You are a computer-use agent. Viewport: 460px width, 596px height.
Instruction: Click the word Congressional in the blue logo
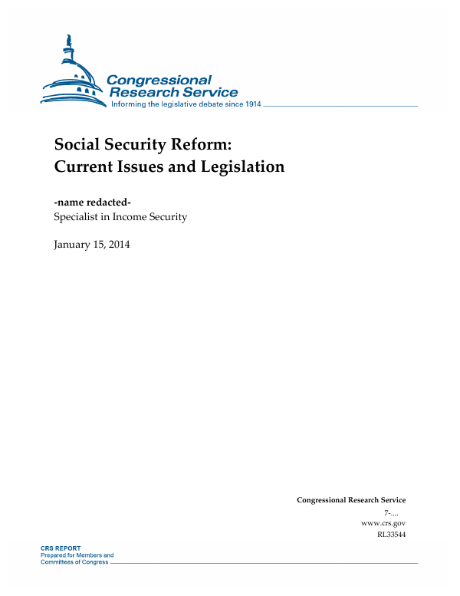pyautogui.click(x=159, y=80)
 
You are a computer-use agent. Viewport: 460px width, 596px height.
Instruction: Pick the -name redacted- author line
pyautogui.click(x=93, y=202)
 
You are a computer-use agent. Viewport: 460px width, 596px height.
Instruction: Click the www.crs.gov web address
pyautogui.click(x=383, y=522)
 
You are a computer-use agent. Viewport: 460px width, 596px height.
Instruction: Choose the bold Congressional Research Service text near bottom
pyautogui.click(x=351, y=500)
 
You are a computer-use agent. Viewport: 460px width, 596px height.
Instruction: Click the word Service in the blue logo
pyautogui.click(x=207, y=92)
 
